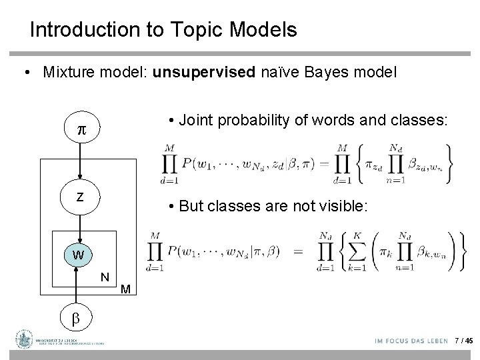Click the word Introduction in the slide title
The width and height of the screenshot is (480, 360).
point(72,30)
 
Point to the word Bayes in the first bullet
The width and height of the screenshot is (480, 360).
point(335,72)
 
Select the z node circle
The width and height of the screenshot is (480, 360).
point(79,198)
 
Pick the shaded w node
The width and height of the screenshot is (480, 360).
point(79,255)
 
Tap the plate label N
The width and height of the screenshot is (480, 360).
point(105,277)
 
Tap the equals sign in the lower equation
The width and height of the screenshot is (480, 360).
point(299,251)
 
